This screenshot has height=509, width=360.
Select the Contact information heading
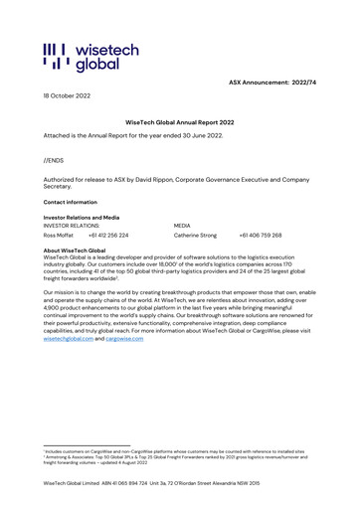(70, 201)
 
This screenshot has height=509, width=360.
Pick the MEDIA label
(185, 226)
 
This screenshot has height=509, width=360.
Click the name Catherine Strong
(195, 236)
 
